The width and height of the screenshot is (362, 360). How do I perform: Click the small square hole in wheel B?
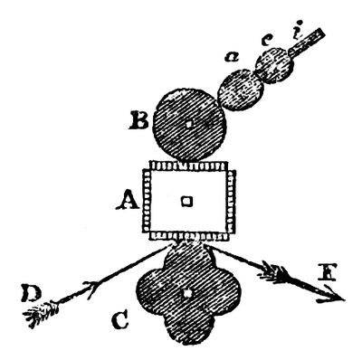pyautogui.click(x=188, y=123)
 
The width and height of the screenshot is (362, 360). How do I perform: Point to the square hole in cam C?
pyautogui.click(x=186, y=294)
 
